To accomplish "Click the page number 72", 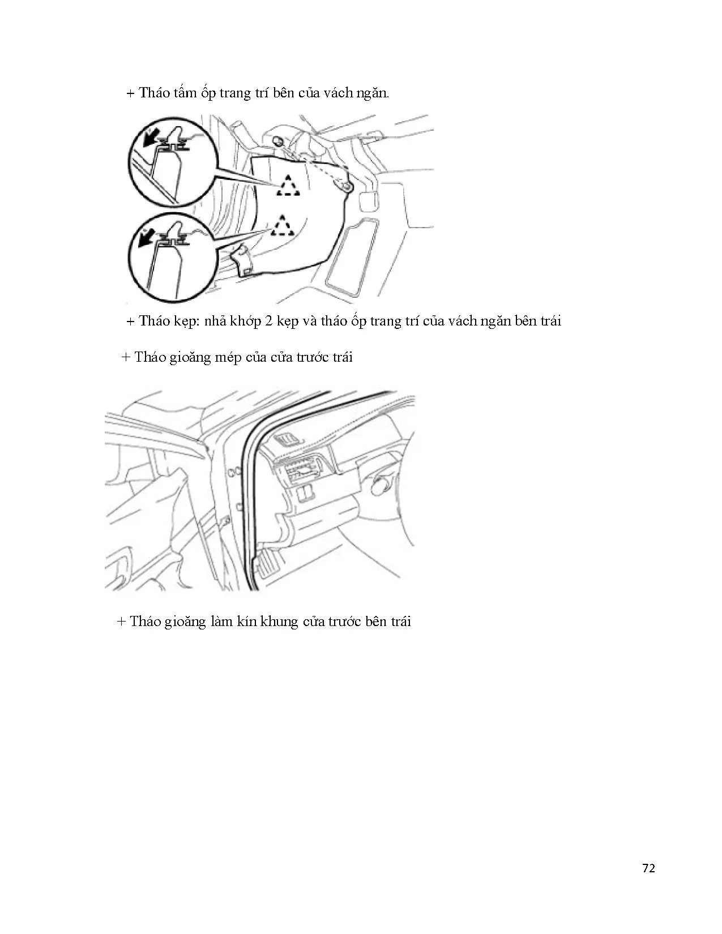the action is [x=648, y=869].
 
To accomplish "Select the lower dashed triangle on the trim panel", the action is [x=282, y=226].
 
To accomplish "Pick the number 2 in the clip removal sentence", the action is [x=269, y=321].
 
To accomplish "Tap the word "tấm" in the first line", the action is [x=185, y=93].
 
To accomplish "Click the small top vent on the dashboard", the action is [x=288, y=440].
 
